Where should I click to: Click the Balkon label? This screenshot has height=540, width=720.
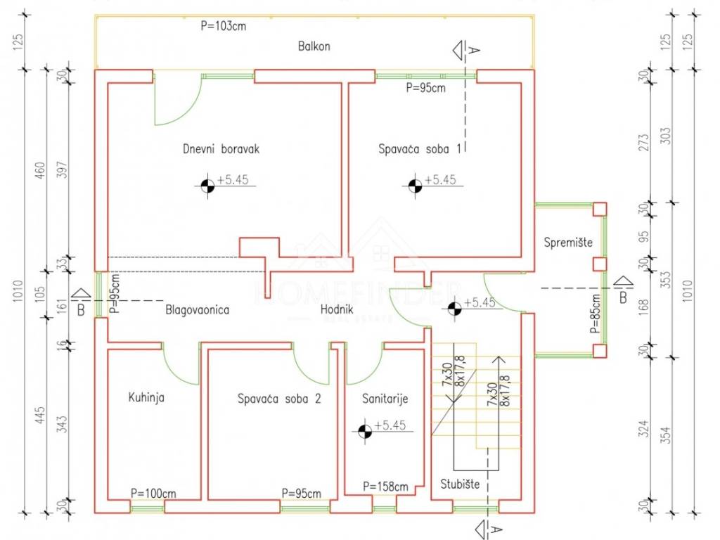point(314,47)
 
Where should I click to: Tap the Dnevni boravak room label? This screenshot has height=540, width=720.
point(221,149)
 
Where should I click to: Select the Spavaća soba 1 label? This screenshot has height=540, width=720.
point(421,149)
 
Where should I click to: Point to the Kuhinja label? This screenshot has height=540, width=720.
point(146,397)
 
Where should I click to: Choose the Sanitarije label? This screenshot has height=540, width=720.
point(385,399)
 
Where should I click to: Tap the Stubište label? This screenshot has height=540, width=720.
point(460,484)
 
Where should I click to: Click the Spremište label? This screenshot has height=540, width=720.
point(568,243)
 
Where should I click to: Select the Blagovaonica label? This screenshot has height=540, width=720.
point(198,309)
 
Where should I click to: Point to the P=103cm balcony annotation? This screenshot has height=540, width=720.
point(223,27)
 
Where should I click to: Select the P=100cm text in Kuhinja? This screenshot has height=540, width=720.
point(153,493)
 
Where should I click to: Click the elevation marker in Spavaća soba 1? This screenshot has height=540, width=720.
point(414,186)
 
